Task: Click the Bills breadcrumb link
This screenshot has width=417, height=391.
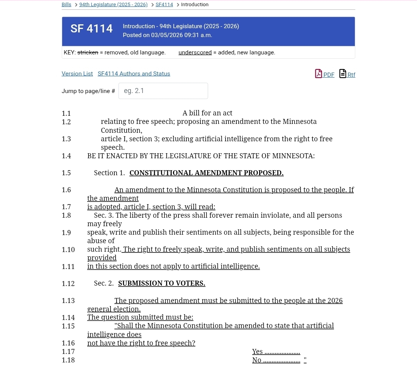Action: (66, 5)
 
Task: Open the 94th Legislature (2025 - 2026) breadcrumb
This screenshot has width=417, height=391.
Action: (114, 5)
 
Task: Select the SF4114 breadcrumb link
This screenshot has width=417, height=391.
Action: (164, 5)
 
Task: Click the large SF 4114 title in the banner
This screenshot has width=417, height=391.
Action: (92, 29)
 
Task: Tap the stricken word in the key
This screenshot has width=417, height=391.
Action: (88, 52)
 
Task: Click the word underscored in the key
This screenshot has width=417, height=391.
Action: (195, 52)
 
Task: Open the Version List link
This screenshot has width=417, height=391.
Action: (77, 74)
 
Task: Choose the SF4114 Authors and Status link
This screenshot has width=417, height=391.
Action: (134, 74)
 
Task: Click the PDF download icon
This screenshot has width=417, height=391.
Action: (319, 73)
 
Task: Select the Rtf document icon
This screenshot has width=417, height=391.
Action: (342, 73)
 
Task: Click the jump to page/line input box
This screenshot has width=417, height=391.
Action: (163, 91)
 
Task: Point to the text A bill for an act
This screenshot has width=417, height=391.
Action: (207, 113)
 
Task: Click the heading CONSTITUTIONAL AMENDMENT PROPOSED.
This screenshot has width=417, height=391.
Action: (206, 173)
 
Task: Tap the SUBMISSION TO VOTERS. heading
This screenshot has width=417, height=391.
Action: (161, 283)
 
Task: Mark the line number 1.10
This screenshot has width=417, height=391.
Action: (68, 249)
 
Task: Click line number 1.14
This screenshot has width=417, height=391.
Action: (68, 318)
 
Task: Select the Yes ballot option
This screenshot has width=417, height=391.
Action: (258, 352)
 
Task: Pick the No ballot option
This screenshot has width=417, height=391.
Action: (257, 360)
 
